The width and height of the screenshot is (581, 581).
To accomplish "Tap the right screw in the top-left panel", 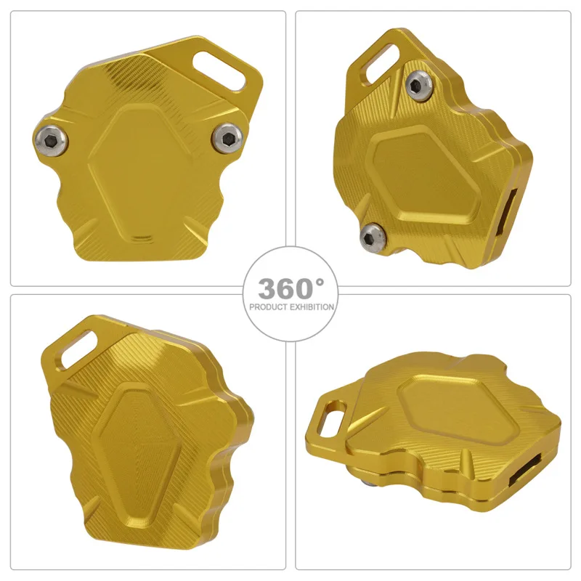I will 228,134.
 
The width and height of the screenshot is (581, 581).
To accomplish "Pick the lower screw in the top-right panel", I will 372,234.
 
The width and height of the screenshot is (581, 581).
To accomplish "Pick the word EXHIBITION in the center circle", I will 310,307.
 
